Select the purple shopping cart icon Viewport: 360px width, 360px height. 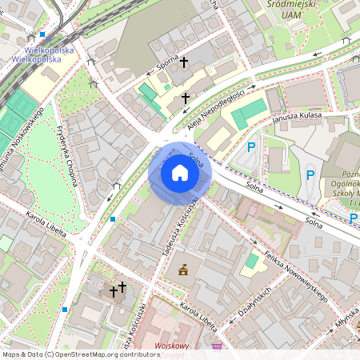218,346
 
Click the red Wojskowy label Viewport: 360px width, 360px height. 170,347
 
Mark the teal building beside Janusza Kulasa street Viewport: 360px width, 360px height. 250,114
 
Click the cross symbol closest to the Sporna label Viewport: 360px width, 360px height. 183,62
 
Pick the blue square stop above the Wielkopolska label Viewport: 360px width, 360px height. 42,34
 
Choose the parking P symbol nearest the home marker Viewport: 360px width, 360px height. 251,147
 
